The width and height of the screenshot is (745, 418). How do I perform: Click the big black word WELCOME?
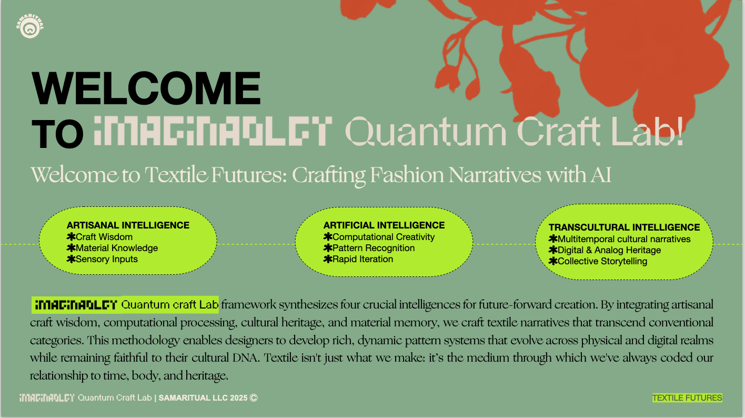click(x=147, y=88)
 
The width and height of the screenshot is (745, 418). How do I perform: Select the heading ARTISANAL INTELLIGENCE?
click(x=128, y=225)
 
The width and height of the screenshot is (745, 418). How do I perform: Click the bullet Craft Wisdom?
click(x=104, y=237)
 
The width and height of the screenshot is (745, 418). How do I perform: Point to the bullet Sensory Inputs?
click(x=107, y=259)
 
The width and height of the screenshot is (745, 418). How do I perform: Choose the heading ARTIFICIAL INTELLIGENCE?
click(x=384, y=225)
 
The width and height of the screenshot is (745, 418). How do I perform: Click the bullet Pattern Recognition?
click(x=374, y=248)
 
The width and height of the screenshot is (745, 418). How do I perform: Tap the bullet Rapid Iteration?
click(x=363, y=259)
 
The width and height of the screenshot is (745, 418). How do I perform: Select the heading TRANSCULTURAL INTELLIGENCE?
click(x=624, y=227)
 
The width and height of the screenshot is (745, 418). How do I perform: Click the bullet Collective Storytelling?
click(x=602, y=261)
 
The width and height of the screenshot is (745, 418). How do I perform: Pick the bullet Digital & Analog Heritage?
click(x=609, y=250)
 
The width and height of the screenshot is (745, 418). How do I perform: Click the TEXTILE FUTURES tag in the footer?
click(x=687, y=398)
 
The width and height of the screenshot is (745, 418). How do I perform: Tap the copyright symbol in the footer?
click(x=254, y=398)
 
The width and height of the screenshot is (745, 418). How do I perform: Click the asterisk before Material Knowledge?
click(x=71, y=248)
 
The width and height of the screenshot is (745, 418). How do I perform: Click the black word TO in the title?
click(x=58, y=134)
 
